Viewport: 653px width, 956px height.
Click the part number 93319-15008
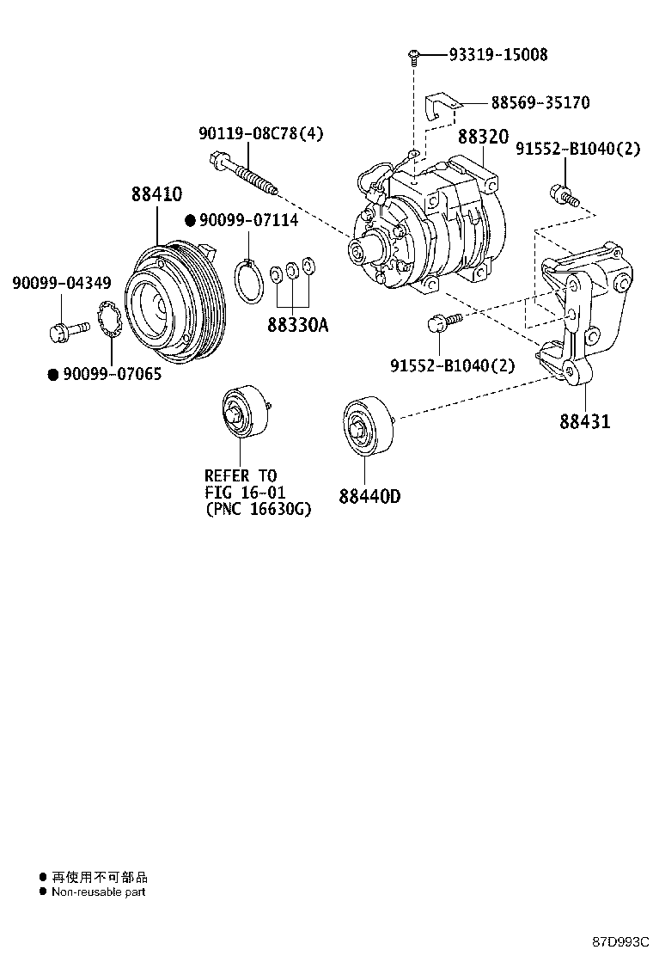497,55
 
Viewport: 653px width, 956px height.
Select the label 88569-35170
540,103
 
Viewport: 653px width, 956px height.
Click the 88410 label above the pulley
157,195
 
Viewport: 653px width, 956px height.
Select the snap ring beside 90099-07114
250,282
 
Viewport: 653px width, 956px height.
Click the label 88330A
296,326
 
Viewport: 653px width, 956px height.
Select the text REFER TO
241,475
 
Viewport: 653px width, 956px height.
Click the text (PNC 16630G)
258,510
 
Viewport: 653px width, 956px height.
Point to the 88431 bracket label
584,422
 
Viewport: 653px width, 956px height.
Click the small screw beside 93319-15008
413,57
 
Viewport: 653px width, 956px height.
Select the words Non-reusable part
98,892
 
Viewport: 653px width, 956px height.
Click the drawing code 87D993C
620,941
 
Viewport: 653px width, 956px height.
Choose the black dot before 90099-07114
191,220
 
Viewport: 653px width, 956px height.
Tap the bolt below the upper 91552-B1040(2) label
565,197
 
